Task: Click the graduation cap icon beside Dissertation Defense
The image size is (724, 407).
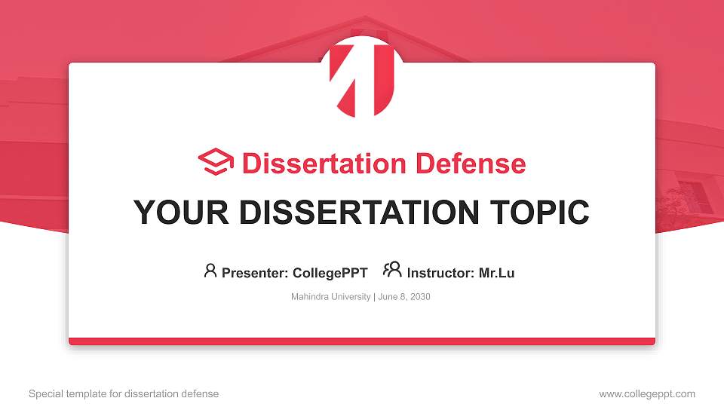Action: [x=216, y=163]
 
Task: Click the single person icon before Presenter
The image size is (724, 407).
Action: [x=210, y=271]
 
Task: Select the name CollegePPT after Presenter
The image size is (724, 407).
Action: [x=330, y=273]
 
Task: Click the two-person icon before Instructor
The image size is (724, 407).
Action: [x=392, y=270]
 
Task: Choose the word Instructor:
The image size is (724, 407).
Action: [x=440, y=273]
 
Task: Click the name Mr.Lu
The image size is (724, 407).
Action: [x=496, y=273]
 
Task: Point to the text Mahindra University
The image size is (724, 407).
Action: [x=330, y=297]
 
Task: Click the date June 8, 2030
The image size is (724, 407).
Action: [x=403, y=297]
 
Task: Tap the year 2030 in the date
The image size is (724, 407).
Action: [x=420, y=297]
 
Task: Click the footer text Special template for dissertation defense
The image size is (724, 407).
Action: [x=124, y=393]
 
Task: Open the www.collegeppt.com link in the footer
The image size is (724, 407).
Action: [x=647, y=393]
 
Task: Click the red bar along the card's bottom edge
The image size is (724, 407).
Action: [x=362, y=341]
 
